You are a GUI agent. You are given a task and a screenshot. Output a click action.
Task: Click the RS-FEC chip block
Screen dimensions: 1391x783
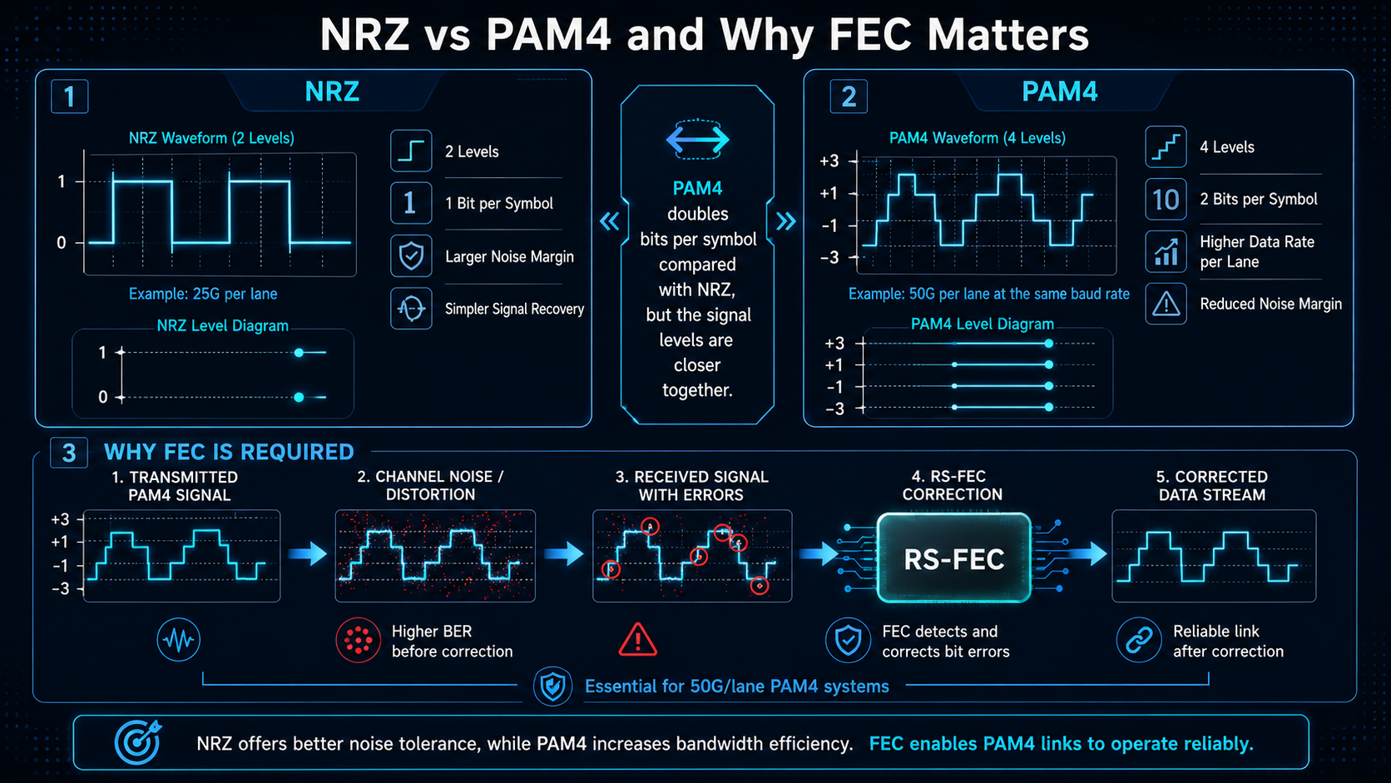point(954,558)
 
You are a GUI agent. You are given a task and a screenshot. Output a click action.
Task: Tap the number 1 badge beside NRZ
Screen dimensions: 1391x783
point(70,97)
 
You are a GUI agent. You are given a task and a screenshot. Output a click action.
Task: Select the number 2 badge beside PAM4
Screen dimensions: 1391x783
point(849,97)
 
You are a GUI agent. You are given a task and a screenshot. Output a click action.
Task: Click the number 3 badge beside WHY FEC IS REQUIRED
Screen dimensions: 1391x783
point(69,453)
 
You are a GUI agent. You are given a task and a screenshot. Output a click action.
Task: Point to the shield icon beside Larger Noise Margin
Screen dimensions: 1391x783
point(411,255)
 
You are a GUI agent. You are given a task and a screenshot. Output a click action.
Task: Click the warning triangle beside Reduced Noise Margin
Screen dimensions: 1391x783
point(1166,304)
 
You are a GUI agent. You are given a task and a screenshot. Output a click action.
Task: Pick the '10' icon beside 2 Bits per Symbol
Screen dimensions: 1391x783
point(1166,200)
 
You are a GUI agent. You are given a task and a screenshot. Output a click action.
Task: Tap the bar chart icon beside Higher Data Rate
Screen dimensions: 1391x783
point(1166,251)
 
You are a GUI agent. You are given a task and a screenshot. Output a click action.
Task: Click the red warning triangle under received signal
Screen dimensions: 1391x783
point(638,640)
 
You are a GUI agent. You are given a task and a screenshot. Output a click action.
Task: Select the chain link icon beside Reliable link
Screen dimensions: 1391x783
point(1139,640)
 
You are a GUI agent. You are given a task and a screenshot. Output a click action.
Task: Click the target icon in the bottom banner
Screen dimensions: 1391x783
point(137,742)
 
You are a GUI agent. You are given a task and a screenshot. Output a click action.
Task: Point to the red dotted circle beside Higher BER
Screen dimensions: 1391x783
point(359,640)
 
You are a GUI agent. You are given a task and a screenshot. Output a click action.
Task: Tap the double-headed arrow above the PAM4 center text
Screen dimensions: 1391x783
point(697,140)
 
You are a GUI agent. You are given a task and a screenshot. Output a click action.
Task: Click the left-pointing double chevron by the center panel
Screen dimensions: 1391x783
point(609,221)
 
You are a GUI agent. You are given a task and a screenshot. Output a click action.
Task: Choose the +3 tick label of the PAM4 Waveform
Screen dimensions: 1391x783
point(829,161)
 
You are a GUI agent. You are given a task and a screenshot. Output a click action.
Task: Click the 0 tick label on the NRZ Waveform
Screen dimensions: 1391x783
point(61,243)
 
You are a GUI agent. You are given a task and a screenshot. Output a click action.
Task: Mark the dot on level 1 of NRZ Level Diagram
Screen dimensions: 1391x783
point(299,353)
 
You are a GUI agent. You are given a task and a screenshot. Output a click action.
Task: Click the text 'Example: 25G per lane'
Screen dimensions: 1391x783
point(203,294)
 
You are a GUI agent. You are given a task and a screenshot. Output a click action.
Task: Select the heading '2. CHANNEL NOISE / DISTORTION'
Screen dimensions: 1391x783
point(430,486)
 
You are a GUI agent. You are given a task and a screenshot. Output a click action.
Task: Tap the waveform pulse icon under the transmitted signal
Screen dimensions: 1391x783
point(178,640)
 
